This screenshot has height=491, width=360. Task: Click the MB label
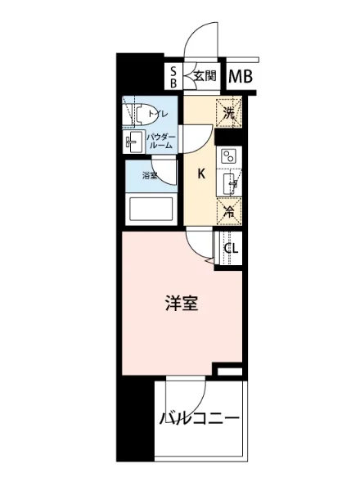[x=241, y=77]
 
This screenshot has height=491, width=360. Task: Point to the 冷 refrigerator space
[x=230, y=210]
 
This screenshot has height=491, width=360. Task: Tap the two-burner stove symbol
[x=229, y=156]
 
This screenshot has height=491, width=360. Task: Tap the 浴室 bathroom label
[x=149, y=175]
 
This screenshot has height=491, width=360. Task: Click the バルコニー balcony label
[x=200, y=420]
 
